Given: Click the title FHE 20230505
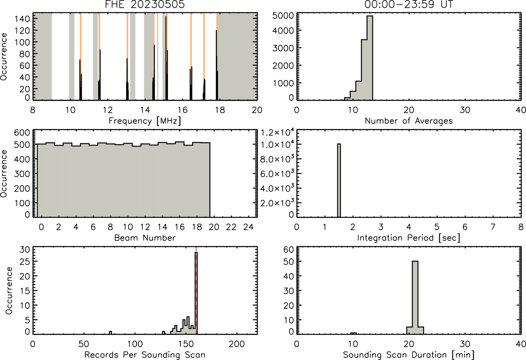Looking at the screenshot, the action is coord(145,4).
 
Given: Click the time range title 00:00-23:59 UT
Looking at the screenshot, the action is coord(409,4).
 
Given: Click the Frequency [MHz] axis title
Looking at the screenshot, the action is coord(145,121).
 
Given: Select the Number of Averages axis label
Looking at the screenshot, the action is coord(409,121).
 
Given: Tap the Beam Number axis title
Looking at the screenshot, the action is coord(145,238).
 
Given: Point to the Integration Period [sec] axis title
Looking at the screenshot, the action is coord(409,238).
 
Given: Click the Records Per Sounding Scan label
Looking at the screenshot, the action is coord(145,355).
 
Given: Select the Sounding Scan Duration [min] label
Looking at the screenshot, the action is coord(409,355).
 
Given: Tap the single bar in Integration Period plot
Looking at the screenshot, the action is coord(339,180).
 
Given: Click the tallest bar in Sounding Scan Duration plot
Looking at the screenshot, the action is coord(415,297).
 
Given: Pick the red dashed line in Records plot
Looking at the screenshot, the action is coord(196,291).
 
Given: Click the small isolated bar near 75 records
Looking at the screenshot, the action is coord(110,333).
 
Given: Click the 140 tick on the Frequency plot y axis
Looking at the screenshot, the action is coord(22,19).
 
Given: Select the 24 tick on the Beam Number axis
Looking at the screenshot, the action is coord(249,227).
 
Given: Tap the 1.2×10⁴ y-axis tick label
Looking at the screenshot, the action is coord(277,132).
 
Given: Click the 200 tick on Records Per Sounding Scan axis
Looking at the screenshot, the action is coord(237,344).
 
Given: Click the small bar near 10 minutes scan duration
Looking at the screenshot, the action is coord(353,333).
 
